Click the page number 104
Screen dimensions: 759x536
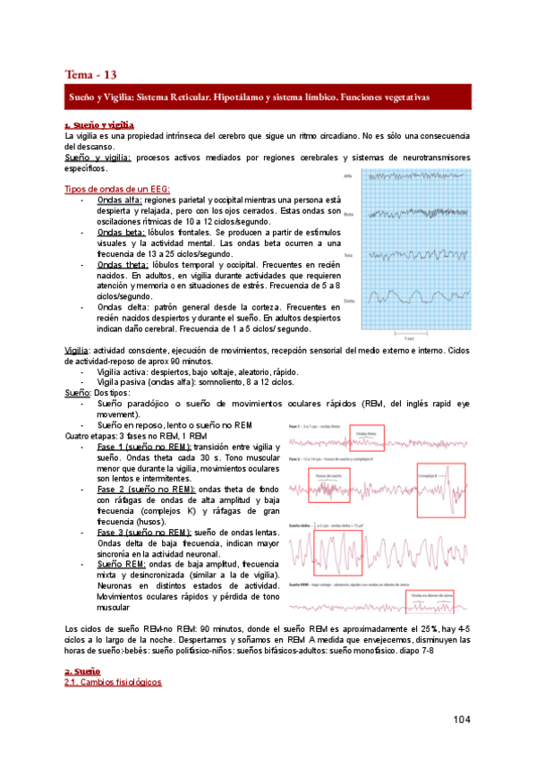(463, 720)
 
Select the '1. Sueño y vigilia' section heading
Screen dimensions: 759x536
(99, 124)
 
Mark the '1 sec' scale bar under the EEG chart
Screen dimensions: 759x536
(408, 337)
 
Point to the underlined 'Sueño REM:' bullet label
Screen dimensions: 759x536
(124, 565)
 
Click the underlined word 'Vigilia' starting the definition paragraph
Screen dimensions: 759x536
(76, 350)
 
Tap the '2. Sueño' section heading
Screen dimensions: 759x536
(82, 670)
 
